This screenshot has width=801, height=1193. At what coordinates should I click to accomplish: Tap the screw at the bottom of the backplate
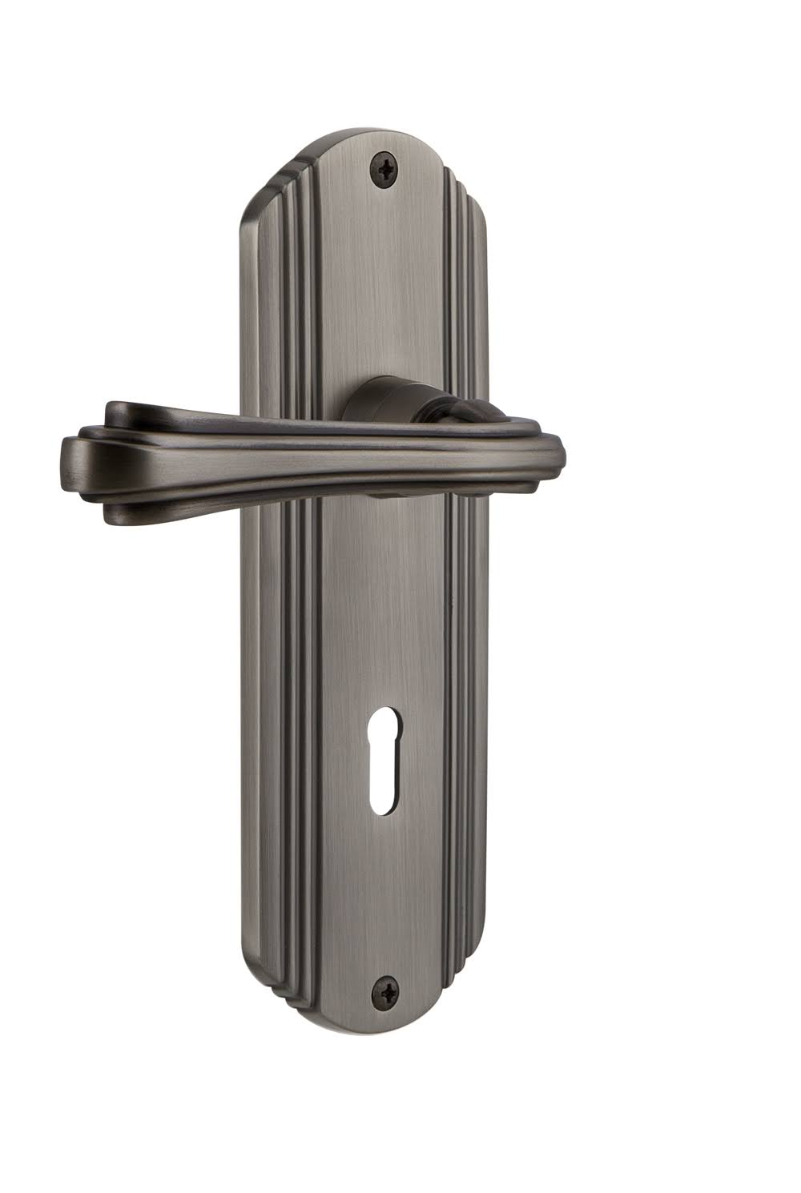tap(388, 991)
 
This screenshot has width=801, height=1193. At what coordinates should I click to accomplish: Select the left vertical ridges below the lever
tap(296, 721)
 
